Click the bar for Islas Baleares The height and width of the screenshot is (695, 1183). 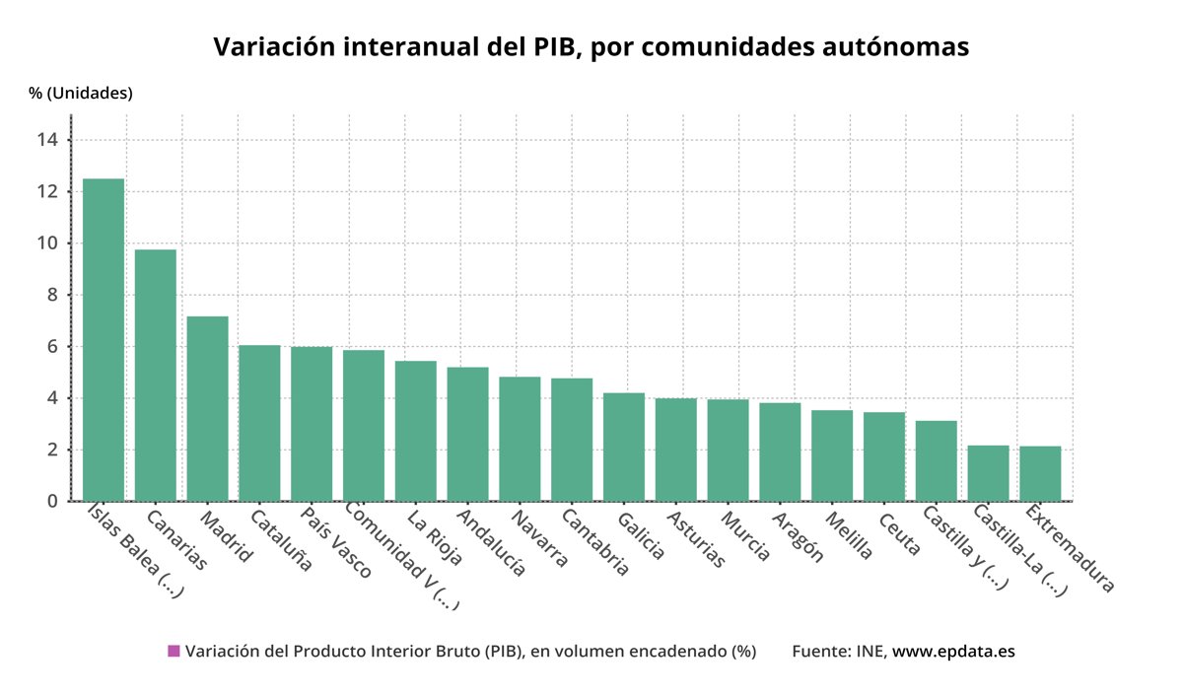[x=104, y=340]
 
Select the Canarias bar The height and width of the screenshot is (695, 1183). [x=156, y=376]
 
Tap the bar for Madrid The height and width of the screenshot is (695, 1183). [x=207, y=409]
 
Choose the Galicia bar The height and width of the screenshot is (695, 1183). [x=624, y=447]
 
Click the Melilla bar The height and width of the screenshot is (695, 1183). [x=832, y=455]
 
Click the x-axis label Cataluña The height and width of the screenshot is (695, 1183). [x=281, y=540]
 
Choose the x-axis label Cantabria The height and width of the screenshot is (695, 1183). [x=595, y=542]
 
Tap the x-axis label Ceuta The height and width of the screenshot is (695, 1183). [x=899, y=532]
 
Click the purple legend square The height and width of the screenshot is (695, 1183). [x=174, y=651]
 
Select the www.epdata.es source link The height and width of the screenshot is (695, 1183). [x=953, y=651]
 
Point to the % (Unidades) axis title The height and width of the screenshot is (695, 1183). [x=81, y=94]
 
